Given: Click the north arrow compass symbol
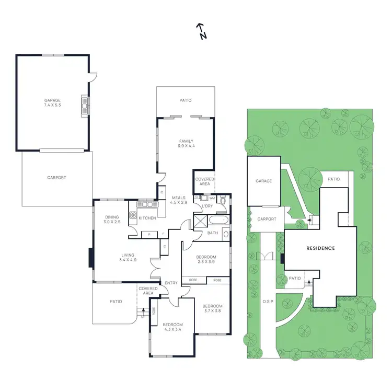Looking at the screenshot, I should point(202,31).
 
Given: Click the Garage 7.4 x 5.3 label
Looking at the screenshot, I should point(52,102).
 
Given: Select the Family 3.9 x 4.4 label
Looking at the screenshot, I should point(186,144).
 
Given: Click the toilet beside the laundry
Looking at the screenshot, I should point(223,200).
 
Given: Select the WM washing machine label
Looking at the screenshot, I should point(212,199).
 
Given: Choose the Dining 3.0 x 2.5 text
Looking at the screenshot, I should point(112,220).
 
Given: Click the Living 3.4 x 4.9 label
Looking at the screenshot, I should point(127,258).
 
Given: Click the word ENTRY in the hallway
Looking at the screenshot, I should point(171,283).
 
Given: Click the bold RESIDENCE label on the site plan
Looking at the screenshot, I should point(320,248).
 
